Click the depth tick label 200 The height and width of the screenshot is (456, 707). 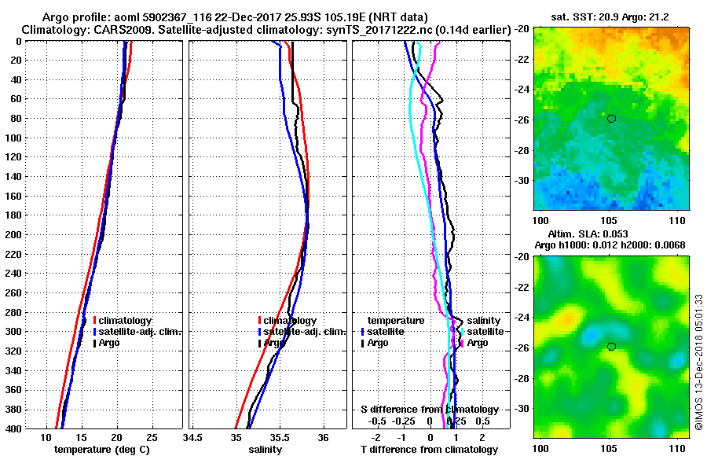[13, 234]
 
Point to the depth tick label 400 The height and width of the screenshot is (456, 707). [13, 428]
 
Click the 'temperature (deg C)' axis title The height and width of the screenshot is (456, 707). [101, 450]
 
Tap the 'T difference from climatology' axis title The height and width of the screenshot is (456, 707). [429, 450]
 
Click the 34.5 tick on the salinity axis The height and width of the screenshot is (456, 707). [193, 437]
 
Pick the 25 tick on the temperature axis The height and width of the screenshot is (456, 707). [152, 437]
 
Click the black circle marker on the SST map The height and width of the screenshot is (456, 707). [611, 119]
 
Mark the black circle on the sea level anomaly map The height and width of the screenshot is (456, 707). [611, 347]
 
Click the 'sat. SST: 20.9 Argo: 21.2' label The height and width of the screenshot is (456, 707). [611, 17]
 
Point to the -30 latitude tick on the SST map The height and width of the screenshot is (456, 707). [522, 180]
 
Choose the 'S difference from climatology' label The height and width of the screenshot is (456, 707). [429, 410]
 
